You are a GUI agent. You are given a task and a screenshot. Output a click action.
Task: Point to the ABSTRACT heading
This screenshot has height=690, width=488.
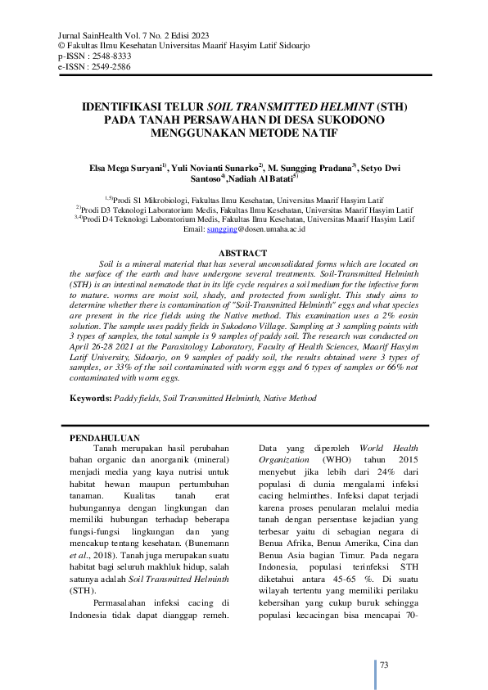[x=243, y=253]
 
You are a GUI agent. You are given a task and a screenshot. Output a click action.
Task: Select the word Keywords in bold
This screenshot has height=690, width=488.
[x=89, y=397]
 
